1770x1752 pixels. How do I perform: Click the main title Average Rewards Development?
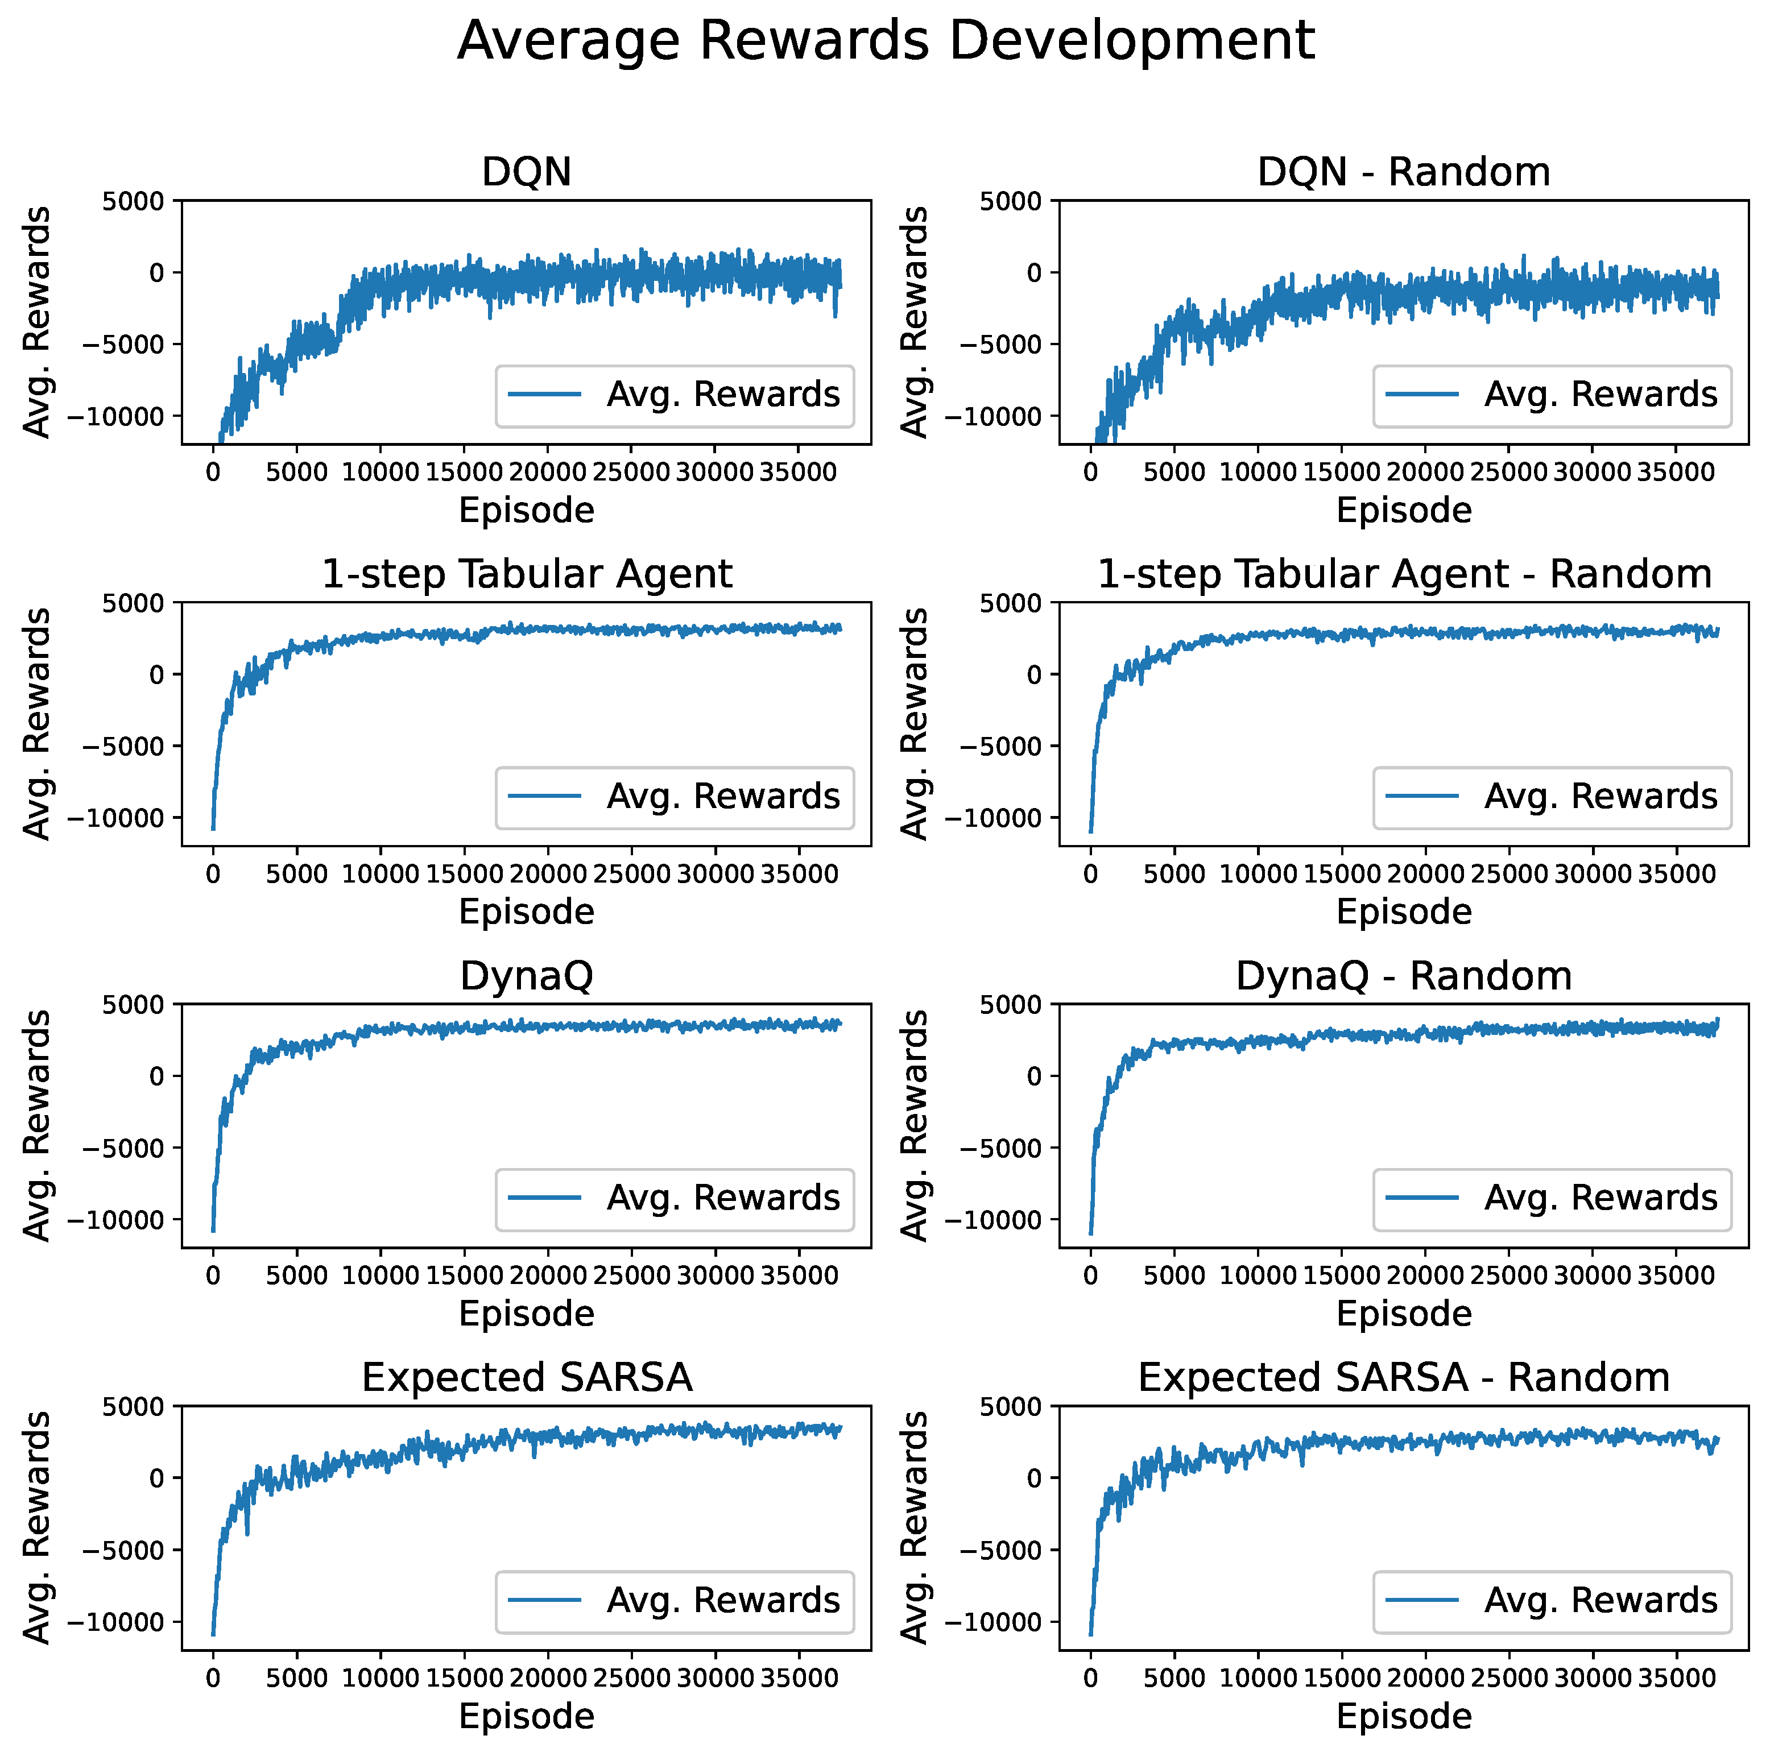click(x=885, y=41)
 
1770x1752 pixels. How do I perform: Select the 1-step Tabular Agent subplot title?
click(x=527, y=574)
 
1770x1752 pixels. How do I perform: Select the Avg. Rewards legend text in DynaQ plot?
click(x=723, y=1199)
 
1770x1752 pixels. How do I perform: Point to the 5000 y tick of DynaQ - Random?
click(x=1011, y=1005)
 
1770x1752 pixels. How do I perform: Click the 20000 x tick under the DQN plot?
click(x=547, y=473)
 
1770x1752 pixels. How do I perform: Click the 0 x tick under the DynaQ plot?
click(x=213, y=1277)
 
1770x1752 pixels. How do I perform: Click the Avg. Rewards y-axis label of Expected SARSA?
click(x=36, y=1527)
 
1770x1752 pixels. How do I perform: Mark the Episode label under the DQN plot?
click(x=527, y=510)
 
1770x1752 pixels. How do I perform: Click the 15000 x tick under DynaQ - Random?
click(x=1341, y=1277)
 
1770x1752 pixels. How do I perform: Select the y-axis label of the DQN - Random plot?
click(x=915, y=322)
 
